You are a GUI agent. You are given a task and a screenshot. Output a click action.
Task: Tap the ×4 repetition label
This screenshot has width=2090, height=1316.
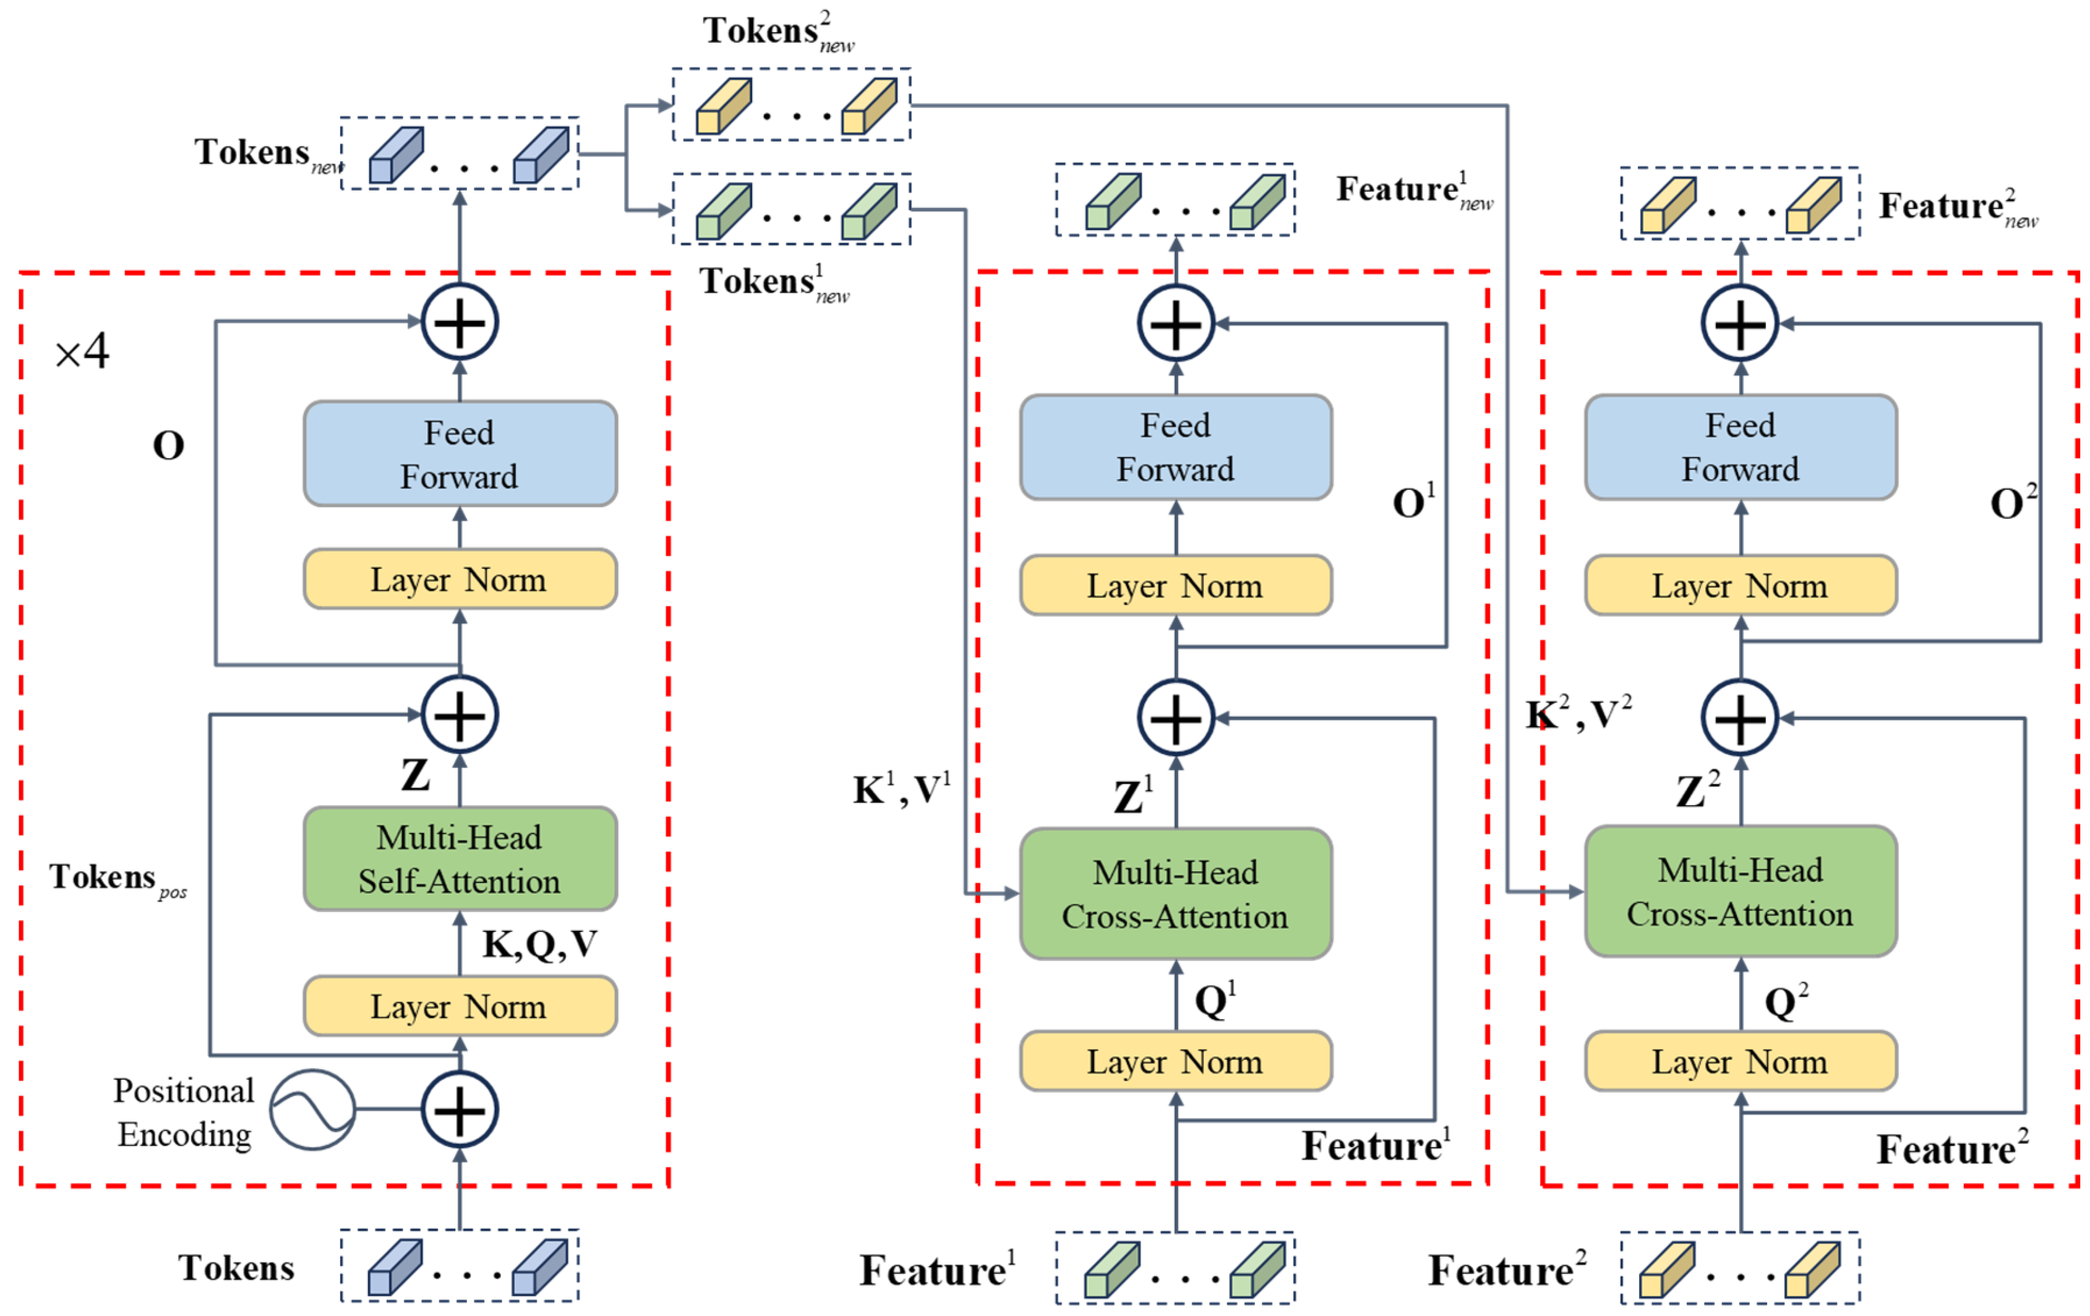82,351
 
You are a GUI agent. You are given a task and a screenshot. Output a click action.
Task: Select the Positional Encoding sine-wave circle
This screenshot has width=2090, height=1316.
312,1109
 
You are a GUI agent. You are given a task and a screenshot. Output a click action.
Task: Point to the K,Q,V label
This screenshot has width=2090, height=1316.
539,944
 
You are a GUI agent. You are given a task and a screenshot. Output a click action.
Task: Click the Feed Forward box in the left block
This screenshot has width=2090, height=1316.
460,453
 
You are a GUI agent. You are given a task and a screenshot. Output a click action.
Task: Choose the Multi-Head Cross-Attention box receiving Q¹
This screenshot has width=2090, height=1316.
1175,894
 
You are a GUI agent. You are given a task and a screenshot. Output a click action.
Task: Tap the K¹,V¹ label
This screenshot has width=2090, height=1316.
901,789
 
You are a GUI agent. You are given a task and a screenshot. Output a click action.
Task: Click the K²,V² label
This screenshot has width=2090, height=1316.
1578,714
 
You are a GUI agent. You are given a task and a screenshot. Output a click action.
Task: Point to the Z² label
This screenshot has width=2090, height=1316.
1697,789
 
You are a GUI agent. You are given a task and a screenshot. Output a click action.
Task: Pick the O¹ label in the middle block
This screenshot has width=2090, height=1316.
1413,501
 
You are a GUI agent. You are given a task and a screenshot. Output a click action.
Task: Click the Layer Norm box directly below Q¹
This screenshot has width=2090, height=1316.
1175,1061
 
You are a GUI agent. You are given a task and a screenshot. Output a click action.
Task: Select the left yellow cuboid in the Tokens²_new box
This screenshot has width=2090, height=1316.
723,106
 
